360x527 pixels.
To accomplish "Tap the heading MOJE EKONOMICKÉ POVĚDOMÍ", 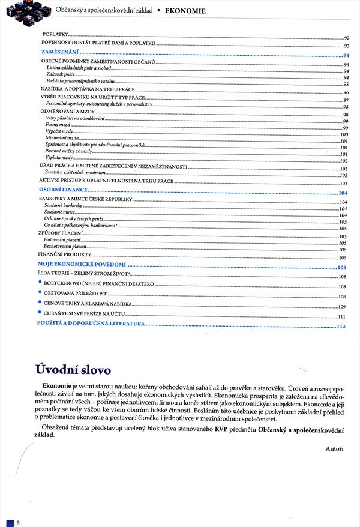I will click(x=82, y=265).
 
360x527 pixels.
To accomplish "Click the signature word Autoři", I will click(x=335, y=448).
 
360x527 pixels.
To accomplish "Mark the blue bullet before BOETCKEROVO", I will click(x=40, y=282).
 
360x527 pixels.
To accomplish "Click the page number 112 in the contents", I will click(x=342, y=327).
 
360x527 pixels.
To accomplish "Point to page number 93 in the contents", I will click(x=346, y=46).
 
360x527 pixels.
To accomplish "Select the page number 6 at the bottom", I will click(x=19, y=523).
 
